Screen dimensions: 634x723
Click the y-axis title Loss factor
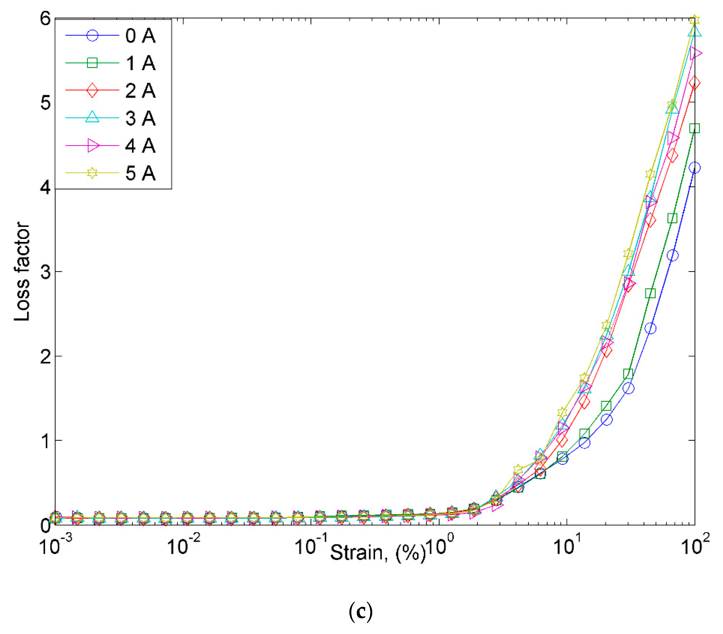pos(22,271)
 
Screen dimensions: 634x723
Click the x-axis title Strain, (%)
pos(378,553)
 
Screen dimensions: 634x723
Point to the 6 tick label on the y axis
pos(45,18)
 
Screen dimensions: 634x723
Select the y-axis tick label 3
pos(45,272)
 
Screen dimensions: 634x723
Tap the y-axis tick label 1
pos(45,441)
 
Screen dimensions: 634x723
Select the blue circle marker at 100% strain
pos(694,168)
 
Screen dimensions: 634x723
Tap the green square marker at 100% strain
pos(694,128)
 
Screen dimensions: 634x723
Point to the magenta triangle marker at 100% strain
pos(695,53)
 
